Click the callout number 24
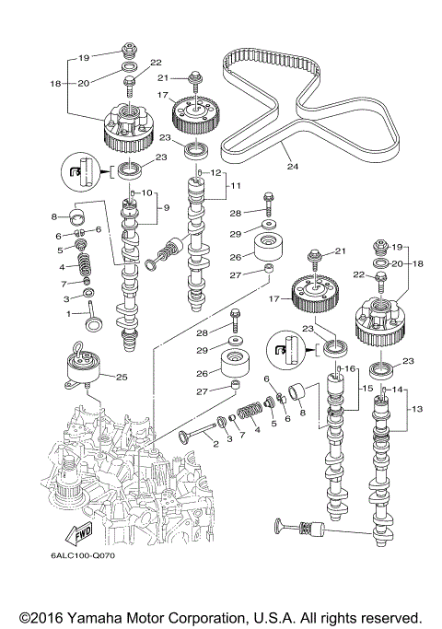pyautogui.click(x=294, y=168)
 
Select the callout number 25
pyautogui.click(x=121, y=377)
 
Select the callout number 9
pyautogui.click(x=166, y=207)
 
